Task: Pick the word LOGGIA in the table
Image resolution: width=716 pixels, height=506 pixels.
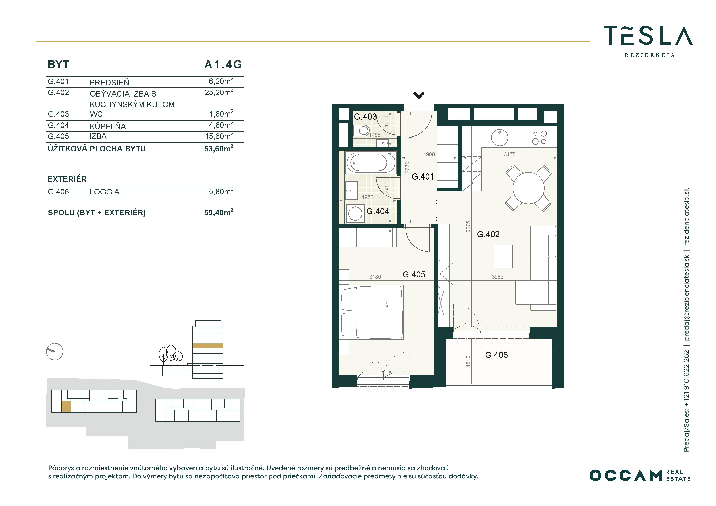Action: click(x=105, y=192)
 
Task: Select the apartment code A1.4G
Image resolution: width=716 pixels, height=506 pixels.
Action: click(x=223, y=64)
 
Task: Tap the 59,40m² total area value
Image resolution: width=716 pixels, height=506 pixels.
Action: click(x=219, y=212)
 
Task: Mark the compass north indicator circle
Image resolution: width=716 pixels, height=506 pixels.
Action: click(x=54, y=352)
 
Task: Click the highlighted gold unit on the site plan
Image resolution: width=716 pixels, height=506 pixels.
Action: click(x=66, y=407)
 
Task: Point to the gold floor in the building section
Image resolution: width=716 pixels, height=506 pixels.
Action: click(x=208, y=346)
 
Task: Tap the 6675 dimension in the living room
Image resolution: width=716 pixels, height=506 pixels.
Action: click(x=468, y=227)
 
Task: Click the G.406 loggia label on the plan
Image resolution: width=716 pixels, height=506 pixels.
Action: click(x=496, y=355)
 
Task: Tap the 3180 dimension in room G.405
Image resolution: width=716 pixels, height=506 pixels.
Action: click(x=375, y=277)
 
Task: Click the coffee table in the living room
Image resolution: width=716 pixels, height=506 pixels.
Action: click(x=503, y=256)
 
